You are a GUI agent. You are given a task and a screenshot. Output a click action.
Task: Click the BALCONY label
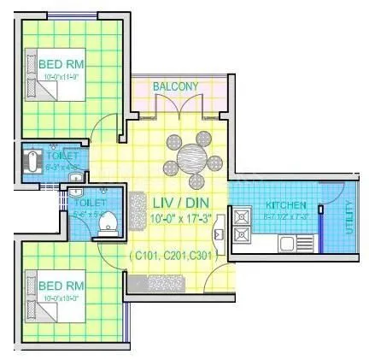(175, 86)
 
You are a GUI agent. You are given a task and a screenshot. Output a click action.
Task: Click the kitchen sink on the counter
(288, 243)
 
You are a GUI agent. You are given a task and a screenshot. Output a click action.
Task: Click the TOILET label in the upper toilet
(64, 156)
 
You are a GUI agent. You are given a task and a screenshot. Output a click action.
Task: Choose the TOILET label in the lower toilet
(90, 203)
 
